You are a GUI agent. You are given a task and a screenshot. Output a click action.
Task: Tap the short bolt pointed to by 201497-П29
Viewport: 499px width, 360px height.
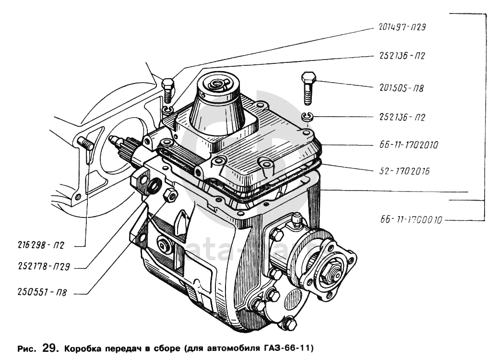167,90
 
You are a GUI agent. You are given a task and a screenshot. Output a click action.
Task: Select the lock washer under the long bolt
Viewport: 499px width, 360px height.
308,116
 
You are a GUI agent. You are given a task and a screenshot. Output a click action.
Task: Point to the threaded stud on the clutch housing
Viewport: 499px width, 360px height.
85,142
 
